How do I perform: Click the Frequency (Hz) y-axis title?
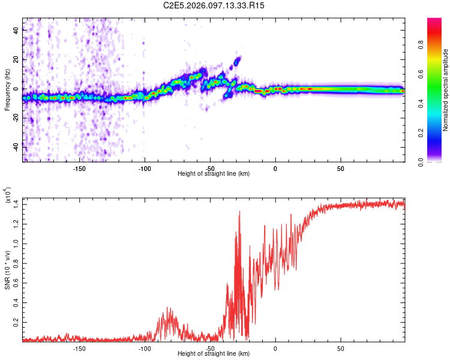7,90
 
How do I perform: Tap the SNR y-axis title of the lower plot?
7,269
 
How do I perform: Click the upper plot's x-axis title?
214,173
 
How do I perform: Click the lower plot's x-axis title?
214,353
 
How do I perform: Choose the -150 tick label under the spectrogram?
79,169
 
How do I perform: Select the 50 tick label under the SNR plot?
340,348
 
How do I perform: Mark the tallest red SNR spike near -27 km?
239,211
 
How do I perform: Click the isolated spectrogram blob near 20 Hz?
237,61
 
